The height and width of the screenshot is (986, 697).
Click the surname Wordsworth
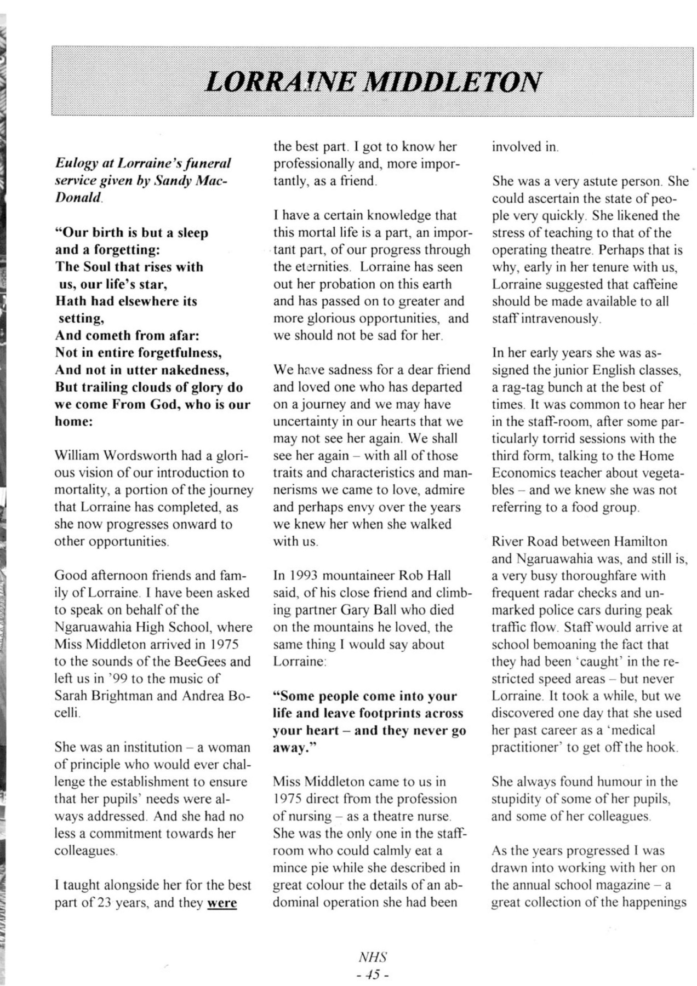144,456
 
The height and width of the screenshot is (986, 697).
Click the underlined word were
222,902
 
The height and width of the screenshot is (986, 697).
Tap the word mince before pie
292,868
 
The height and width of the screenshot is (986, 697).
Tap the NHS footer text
373,958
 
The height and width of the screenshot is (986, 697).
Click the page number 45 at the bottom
373,974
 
